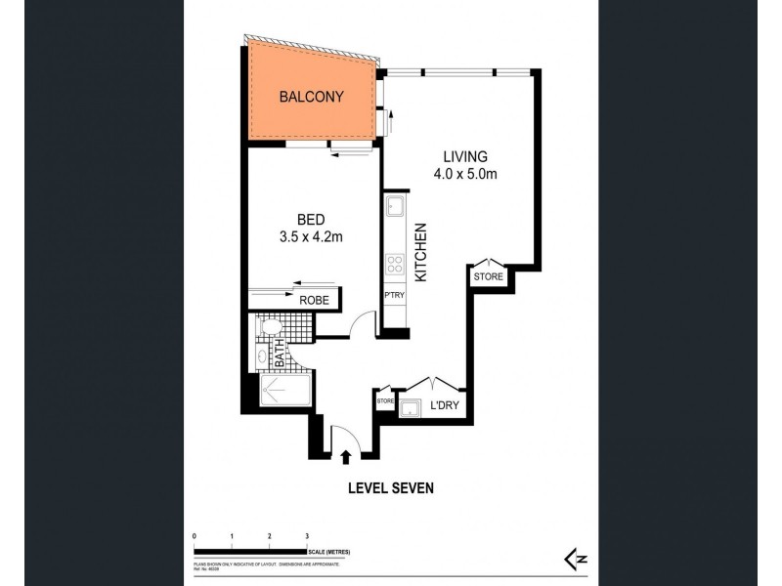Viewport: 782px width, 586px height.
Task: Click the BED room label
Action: coord(310,220)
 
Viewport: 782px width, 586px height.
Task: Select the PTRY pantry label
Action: coord(394,294)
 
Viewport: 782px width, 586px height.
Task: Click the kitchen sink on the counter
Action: coord(395,207)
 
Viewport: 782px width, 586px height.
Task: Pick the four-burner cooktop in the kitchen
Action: coord(395,264)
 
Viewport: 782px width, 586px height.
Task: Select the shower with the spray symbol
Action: coord(284,393)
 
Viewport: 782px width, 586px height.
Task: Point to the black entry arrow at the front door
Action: coord(345,454)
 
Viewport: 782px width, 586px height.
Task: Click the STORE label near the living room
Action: coord(488,277)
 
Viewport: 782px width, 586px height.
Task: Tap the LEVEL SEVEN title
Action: coord(390,487)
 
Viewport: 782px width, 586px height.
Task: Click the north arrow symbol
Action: coord(574,558)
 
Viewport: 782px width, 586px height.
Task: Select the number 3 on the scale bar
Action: coord(306,537)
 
